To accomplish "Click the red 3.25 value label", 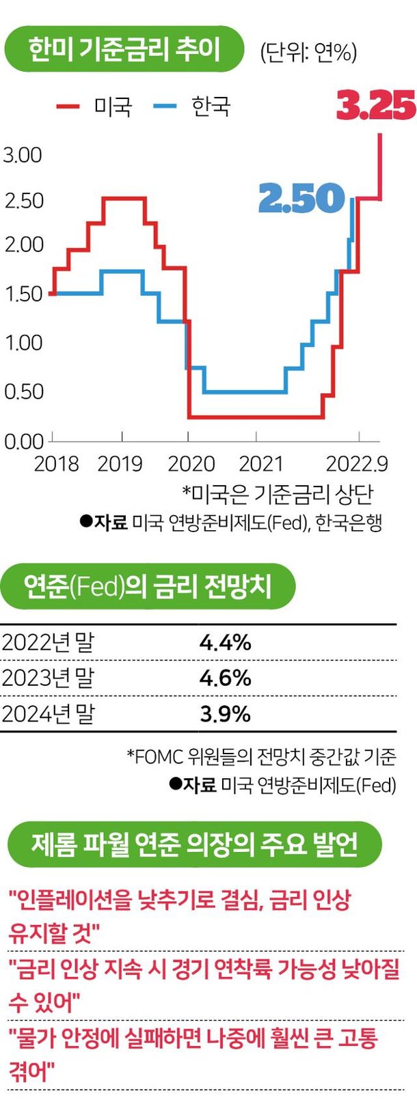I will pyautogui.click(x=376, y=106).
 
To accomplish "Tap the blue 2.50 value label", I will pyautogui.click(x=301, y=198).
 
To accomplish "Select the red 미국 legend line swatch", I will pyautogui.click(x=68, y=107).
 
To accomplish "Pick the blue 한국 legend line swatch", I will pyautogui.click(x=165, y=107).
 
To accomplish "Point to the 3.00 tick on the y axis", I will pyautogui.click(x=23, y=155).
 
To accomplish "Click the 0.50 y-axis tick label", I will pyautogui.click(x=23, y=391).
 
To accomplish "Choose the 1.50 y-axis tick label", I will pyautogui.click(x=23, y=294).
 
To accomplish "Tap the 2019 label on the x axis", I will pyautogui.click(x=120, y=464).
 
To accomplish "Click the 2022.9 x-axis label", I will pyautogui.click(x=357, y=464).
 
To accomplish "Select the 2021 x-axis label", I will pyautogui.click(x=261, y=464).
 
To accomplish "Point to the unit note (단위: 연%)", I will pyautogui.click(x=308, y=52).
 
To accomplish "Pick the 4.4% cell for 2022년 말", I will pyautogui.click(x=226, y=642).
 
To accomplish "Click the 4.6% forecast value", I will pyautogui.click(x=226, y=678).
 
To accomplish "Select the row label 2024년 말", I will pyautogui.click(x=48, y=714).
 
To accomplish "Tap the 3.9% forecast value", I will pyautogui.click(x=226, y=714).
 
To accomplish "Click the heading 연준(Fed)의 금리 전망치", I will pyautogui.click(x=148, y=586).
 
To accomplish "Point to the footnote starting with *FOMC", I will pyautogui.click(x=261, y=756).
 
